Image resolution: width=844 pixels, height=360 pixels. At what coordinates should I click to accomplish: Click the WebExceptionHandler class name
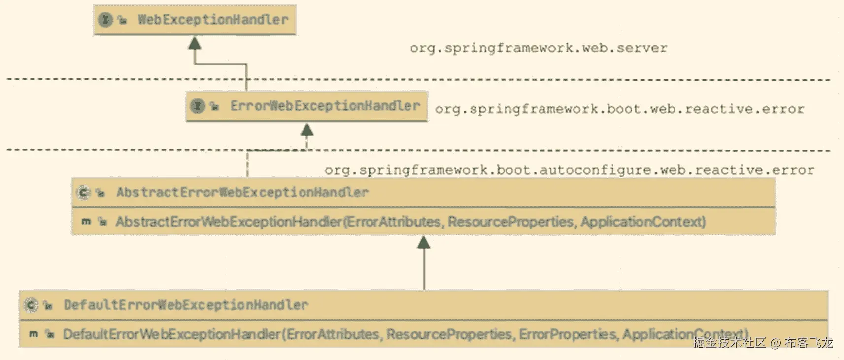tap(213, 20)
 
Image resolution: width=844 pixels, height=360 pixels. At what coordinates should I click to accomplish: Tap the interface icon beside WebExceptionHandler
tap(105, 20)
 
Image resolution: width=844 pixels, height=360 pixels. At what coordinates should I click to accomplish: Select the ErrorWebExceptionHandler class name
tap(325, 106)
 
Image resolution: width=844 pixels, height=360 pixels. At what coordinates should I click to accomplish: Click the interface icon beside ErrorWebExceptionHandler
tap(197, 106)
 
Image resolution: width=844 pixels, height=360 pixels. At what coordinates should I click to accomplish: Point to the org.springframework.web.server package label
tap(538, 48)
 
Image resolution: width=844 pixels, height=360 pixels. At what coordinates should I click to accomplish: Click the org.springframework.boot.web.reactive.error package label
tap(619, 109)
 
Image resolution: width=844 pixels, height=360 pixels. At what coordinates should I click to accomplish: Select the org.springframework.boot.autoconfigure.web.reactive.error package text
tap(569, 170)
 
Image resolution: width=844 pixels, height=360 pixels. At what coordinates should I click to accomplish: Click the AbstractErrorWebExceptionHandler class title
tap(242, 193)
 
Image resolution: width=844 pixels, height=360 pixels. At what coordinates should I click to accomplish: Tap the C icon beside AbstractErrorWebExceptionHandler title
tap(83, 193)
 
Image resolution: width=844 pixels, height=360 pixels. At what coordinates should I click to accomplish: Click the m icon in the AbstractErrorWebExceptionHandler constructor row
tap(86, 222)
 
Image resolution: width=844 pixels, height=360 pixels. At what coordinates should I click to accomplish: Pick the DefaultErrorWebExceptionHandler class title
tap(186, 305)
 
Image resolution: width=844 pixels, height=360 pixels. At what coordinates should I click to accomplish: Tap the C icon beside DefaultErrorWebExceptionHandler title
tap(31, 305)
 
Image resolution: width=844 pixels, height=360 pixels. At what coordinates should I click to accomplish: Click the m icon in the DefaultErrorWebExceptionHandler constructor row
tap(34, 334)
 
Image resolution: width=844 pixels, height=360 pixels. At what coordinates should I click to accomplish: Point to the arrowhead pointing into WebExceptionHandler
tap(195, 44)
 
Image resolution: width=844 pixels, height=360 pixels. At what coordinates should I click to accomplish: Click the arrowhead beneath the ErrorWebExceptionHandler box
tap(307, 130)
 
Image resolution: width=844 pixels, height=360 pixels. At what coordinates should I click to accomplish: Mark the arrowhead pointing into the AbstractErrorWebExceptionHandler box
tap(424, 242)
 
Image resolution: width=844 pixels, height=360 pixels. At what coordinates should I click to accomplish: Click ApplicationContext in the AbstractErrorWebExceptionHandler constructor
tap(642, 222)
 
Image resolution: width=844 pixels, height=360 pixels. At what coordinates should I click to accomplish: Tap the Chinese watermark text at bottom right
tap(762, 343)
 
